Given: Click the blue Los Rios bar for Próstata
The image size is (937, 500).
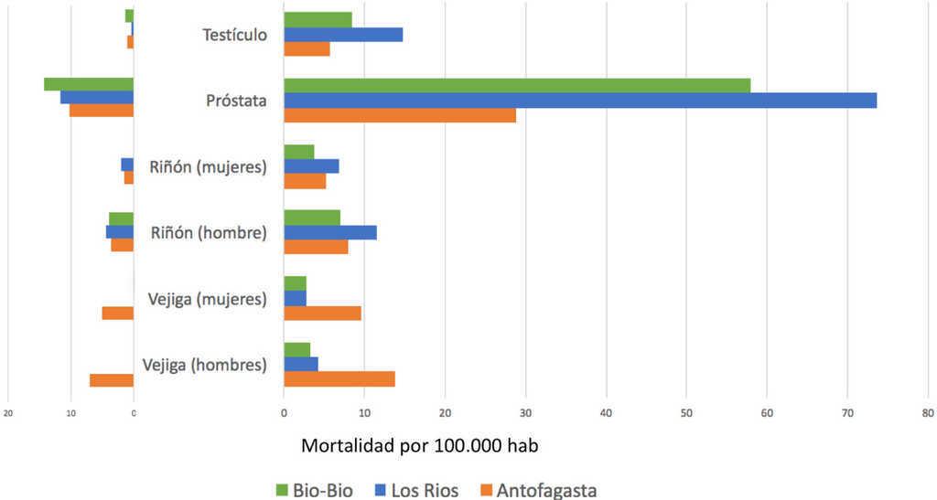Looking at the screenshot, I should (x=580, y=101).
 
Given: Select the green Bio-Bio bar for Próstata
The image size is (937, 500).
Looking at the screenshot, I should (x=517, y=85).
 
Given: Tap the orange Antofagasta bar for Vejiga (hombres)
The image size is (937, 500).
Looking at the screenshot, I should (x=339, y=379).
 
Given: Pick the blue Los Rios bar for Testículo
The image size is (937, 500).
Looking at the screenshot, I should (x=343, y=35).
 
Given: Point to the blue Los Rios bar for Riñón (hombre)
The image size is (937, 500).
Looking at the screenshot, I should (x=330, y=232).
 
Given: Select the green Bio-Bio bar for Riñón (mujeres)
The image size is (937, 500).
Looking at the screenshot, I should (x=299, y=152).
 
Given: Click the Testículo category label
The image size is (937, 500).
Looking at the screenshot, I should (x=234, y=36).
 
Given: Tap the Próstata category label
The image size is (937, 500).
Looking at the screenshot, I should (x=236, y=101).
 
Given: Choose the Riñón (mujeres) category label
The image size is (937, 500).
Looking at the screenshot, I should (x=208, y=166).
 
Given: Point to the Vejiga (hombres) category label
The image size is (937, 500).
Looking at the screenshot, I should (x=205, y=366).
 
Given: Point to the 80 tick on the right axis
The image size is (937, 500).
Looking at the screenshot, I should (x=927, y=412).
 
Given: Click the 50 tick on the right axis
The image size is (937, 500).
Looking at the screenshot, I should (x=686, y=412).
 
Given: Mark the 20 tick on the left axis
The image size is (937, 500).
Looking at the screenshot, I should (x=8, y=412).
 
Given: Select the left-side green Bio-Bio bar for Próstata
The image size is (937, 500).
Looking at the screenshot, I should (x=89, y=84).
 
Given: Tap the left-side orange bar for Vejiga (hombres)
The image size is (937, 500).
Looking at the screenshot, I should (x=112, y=380).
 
